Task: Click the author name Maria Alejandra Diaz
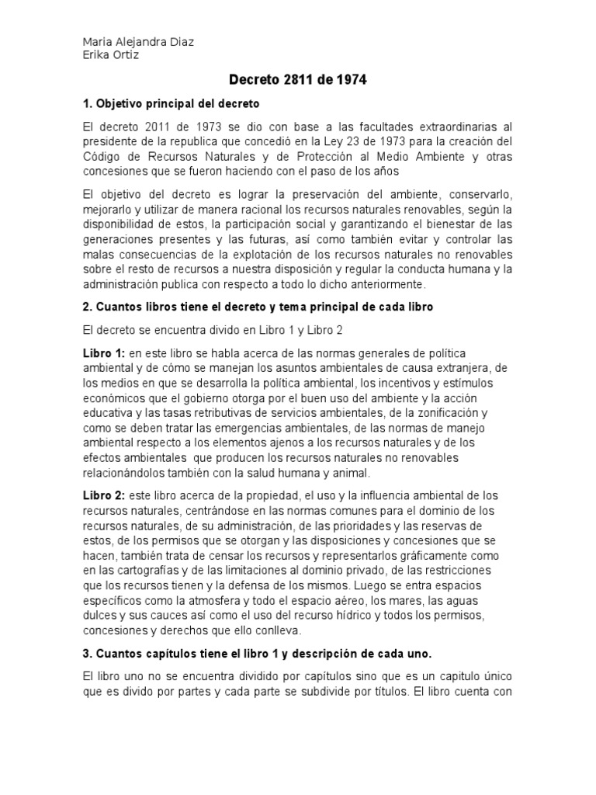coord(138,42)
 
